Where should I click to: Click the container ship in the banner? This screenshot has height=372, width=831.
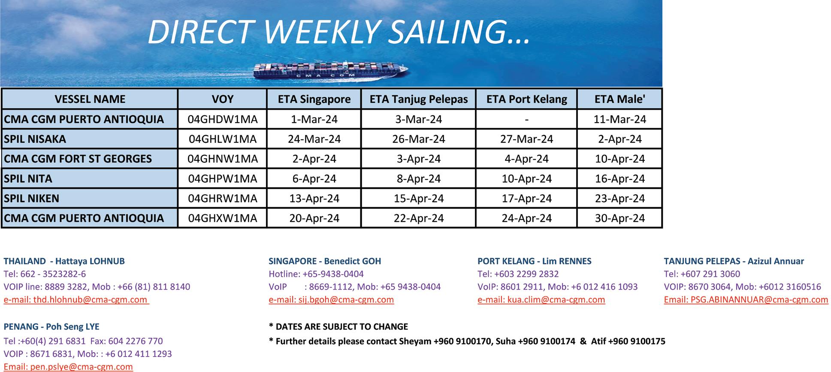pos(330,70)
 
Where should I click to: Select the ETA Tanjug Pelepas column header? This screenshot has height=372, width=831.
pos(419,99)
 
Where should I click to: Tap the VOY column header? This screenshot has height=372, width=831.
pos(223,99)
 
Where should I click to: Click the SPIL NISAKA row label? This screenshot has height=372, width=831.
pos(35,139)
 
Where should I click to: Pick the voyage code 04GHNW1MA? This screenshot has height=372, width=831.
pos(223,159)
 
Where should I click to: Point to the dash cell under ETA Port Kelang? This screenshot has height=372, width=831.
pos(526,119)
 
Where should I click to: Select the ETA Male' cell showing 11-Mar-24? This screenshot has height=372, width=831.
pos(619,119)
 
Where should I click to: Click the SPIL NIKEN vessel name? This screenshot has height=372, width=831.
pos(31,198)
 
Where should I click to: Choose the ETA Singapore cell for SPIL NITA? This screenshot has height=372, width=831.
pos(314,178)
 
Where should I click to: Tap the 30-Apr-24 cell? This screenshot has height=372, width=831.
pos(619,218)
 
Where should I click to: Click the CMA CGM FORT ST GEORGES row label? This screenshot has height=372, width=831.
pos(78,159)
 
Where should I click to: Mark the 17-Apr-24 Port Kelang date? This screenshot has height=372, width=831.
pos(526,198)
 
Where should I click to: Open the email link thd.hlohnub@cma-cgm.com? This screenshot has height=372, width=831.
pos(90,299)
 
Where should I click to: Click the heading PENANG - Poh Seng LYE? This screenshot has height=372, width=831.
pos(51,327)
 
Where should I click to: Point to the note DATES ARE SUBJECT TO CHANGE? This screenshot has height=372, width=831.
pos(342,327)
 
